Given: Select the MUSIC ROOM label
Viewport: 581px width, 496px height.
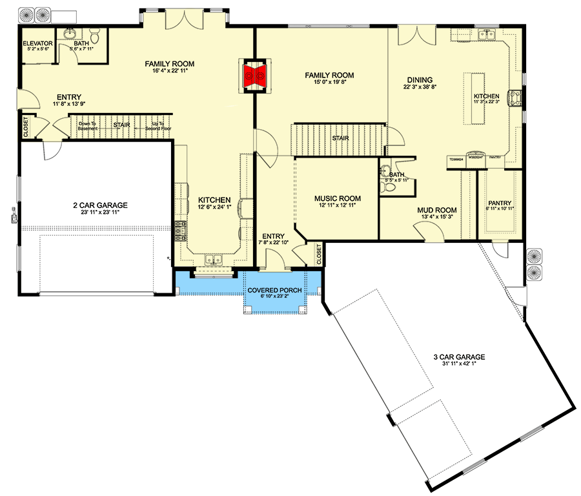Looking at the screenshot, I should coord(337,198).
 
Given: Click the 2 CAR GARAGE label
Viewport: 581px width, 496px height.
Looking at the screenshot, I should coord(100,205).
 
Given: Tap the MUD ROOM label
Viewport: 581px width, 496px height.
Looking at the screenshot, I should coord(438,210).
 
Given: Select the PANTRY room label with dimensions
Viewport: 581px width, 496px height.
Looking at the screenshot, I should coord(500,202).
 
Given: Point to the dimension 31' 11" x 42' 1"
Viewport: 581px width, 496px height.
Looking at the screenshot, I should coord(459,364).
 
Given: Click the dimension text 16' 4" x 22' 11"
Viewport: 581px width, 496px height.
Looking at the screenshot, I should coord(169,72).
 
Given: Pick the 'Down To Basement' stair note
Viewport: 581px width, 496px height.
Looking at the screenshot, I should coord(87,126).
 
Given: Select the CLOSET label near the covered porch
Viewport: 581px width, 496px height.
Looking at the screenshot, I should coord(319,254).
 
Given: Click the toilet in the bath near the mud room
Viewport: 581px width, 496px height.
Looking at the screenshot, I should coord(389,187).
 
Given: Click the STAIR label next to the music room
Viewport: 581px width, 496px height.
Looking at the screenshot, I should coord(340,138).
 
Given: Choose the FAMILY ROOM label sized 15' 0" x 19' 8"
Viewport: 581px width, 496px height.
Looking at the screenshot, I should coord(329,76).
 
